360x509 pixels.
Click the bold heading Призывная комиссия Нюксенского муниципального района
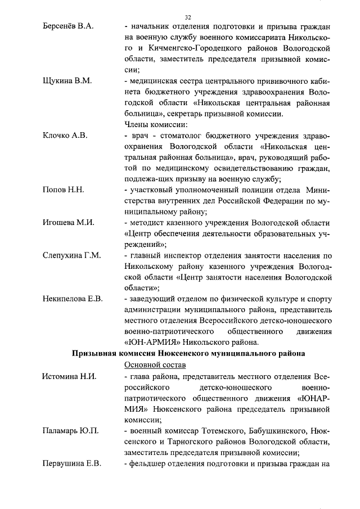pyautogui.click(x=188, y=353)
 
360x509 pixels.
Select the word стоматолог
pyautogui.click(x=174, y=136)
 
